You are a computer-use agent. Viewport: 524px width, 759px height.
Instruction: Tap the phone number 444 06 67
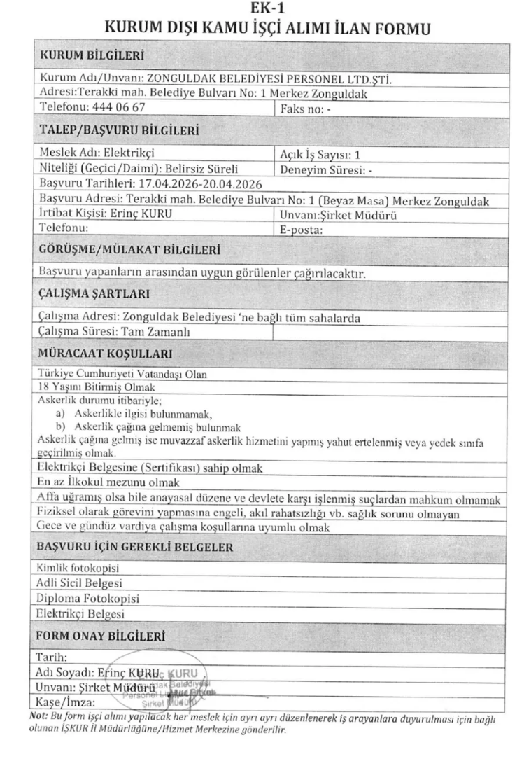pyautogui.click(x=119, y=108)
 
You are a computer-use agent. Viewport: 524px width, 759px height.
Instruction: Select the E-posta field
pyautogui.click(x=300, y=228)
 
